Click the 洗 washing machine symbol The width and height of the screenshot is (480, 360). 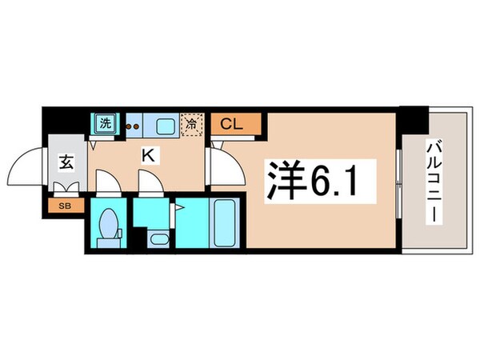pos(104,123)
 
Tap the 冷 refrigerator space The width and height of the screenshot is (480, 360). pos(191,124)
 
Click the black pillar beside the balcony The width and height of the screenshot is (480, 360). pos(414,121)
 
